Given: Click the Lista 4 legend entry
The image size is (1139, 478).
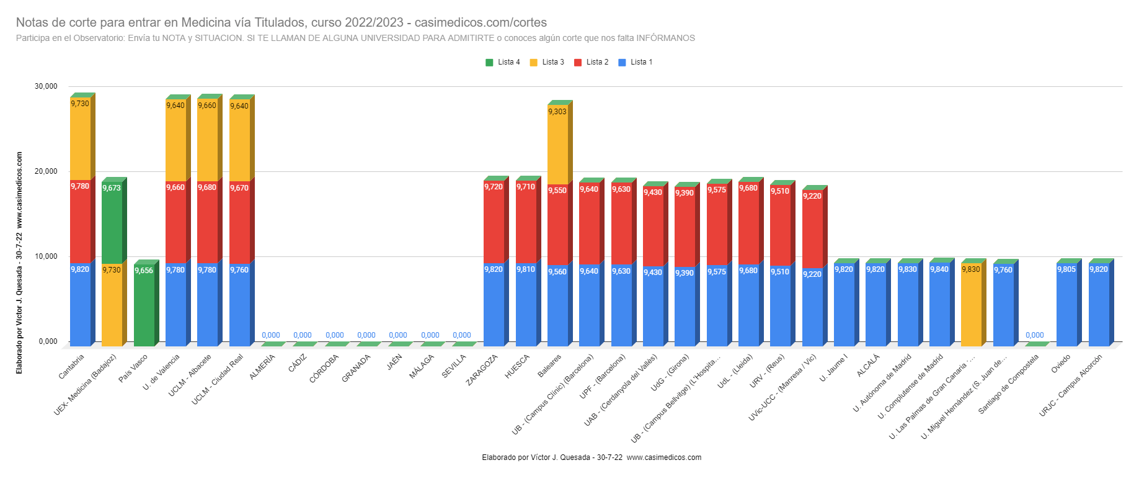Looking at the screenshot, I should coord(503,62).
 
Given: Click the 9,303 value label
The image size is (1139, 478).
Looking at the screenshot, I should coord(557,112).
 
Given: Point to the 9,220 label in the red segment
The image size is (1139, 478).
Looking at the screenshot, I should coord(812,196).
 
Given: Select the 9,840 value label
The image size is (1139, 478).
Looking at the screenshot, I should coord(939,269).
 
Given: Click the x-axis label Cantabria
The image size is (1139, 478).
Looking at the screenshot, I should coord(72,366).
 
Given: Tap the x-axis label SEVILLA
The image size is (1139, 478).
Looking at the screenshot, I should coord(454,366).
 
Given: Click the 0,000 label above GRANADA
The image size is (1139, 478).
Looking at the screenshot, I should coord(366,335).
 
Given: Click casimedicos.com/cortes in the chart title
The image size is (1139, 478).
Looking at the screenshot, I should coord(481,22).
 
